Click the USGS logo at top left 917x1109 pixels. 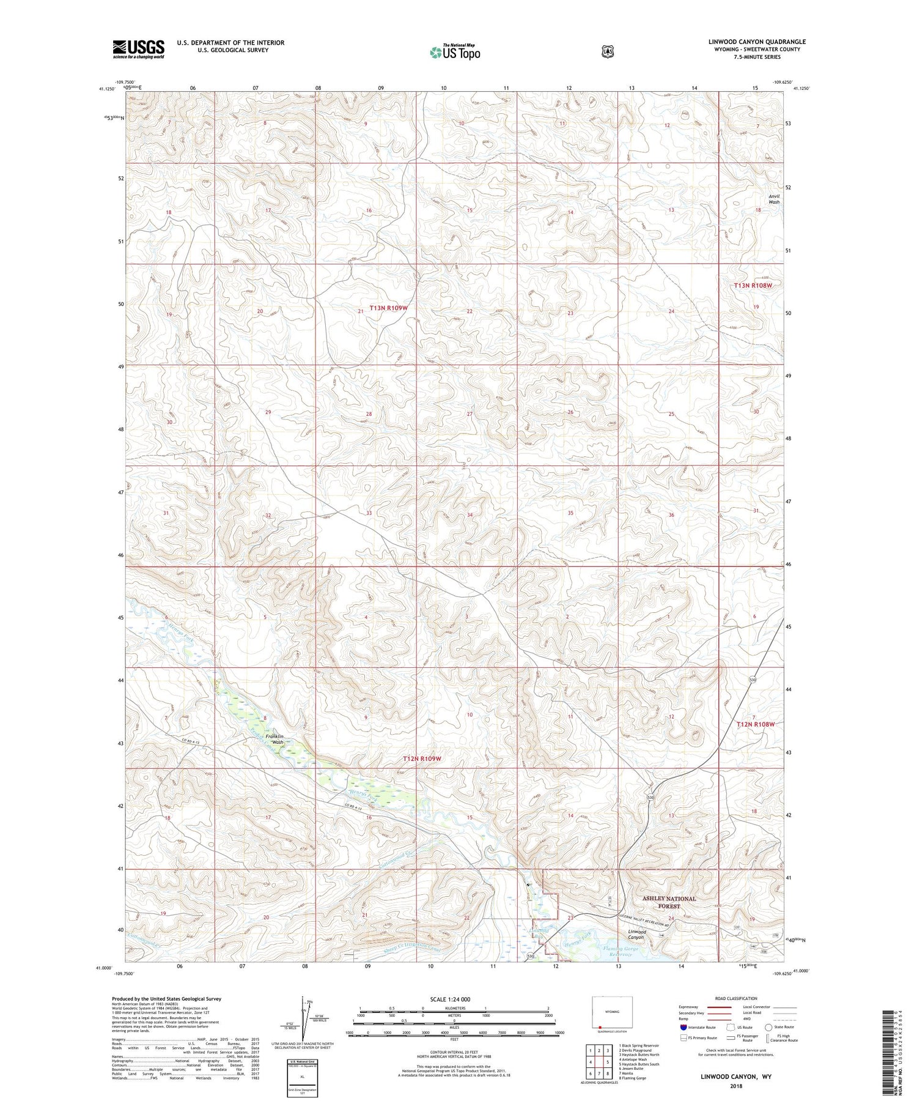[138, 49]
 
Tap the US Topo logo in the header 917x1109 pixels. [455, 52]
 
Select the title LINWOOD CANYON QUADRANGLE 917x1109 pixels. [757, 42]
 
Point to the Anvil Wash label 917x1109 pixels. [774, 199]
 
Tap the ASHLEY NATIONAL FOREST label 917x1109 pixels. [669, 902]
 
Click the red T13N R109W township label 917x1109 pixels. [388, 308]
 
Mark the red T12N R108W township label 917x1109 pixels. [756, 724]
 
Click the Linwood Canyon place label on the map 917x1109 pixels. [637, 934]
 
